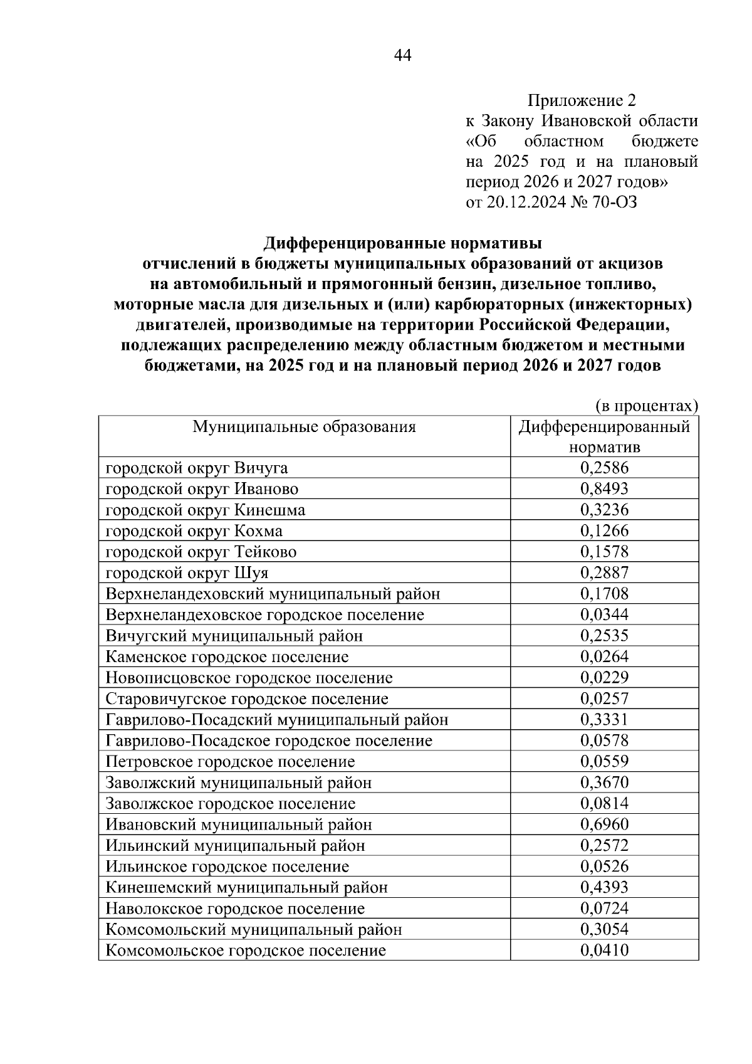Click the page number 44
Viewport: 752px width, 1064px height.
[x=402, y=56]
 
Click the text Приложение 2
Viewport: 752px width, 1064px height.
[x=582, y=100]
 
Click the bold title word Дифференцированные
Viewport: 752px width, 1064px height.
[x=355, y=243]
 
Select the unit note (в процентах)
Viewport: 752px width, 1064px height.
[x=646, y=406]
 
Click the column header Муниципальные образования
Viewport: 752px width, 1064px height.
[x=304, y=427]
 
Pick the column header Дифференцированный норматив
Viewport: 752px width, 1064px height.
[x=604, y=437]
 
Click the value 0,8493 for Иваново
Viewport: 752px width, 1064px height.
[x=604, y=488]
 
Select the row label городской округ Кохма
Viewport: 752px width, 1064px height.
[x=194, y=531]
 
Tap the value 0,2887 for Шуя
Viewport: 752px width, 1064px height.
[x=604, y=572]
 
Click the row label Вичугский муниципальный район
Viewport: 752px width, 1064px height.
[x=234, y=636]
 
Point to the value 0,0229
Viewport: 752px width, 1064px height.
[x=604, y=677]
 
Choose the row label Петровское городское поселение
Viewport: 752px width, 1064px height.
[x=230, y=762]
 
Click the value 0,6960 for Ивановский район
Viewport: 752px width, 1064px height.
[x=604, y=824]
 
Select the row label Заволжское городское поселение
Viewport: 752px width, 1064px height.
[x=231, y=804]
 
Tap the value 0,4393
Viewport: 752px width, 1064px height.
[x=604, y=887]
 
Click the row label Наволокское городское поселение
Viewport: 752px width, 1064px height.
[x=235, y=909]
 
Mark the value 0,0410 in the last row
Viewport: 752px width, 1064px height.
[x=604, y=951]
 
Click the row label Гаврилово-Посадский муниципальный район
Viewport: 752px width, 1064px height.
[x=277, y=720]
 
